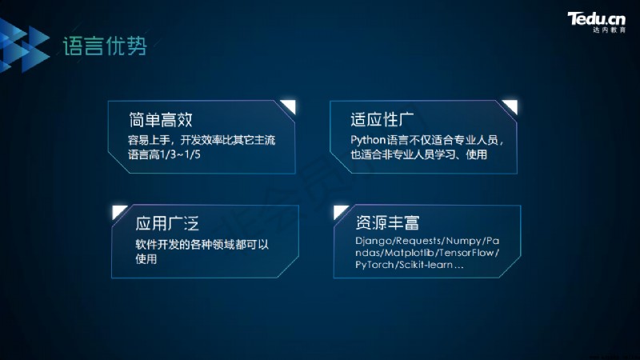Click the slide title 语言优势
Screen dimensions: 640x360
click(105, 46)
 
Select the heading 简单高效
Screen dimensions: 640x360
click(161, 120)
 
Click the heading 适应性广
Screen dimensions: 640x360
click(382, 119)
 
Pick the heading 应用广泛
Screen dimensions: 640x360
click(167, 223)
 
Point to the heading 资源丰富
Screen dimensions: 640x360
click(387, 222)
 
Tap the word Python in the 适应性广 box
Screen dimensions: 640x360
click(368, 141)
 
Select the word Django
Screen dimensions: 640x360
click(374, 242)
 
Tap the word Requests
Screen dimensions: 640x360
click(418, 241)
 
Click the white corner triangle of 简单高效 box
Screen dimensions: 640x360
click(290, 106)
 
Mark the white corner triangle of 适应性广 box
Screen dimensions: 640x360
click(511, 106)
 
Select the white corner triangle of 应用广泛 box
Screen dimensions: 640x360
click(118, 211)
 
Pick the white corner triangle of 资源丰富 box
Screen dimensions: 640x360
click(338, 211)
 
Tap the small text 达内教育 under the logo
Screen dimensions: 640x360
click(609, 30)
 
